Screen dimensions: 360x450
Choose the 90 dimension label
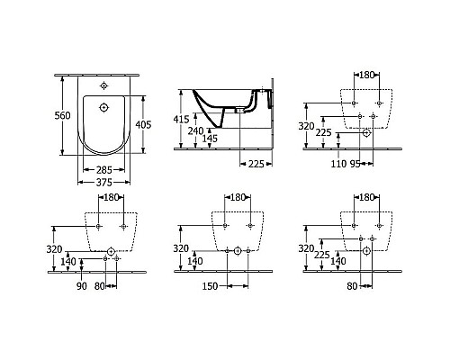(x=82, y=287)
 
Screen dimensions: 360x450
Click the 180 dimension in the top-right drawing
(x=367, y=76)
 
